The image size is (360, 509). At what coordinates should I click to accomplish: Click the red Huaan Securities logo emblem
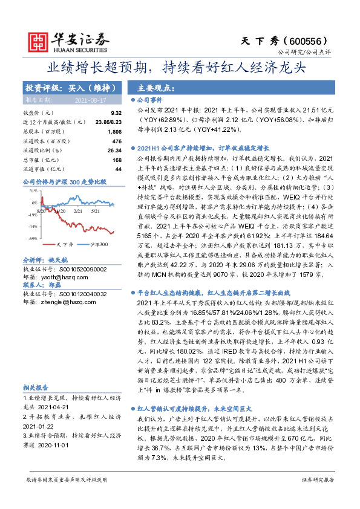pyautogui.click(x=39, y=40)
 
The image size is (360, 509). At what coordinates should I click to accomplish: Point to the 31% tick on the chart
pyautogui.click(x=33, y=190)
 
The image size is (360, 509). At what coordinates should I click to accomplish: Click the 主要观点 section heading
pyautogui.click(x=156, y=88)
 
